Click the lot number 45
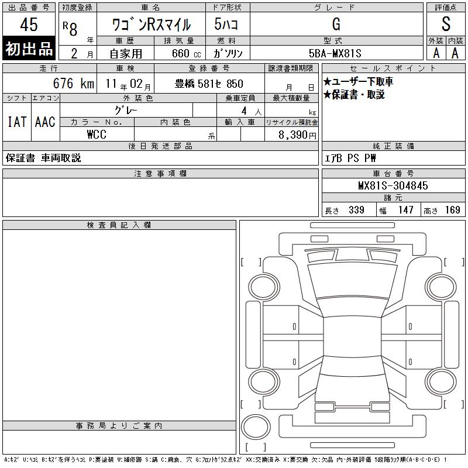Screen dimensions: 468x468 (29, 24)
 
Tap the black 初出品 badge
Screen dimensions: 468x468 (29, 49)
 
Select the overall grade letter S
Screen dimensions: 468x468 (446, 24)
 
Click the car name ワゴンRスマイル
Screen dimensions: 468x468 (152, 25)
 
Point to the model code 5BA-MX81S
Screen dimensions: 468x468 (335, 53)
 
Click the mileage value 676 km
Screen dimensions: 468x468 (74, 83)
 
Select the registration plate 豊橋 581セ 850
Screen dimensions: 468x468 (209, 84)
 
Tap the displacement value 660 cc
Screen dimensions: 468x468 (186, 53)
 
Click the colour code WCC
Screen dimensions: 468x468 (97, 135)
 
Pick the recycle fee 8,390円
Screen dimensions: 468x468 (297, 135)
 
